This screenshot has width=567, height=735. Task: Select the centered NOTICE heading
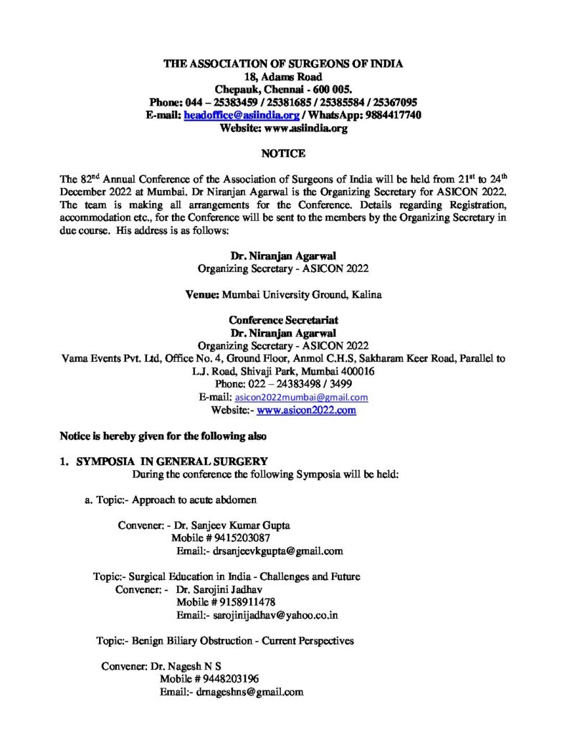pos(283,154)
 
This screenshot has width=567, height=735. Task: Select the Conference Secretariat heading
pos(283,320)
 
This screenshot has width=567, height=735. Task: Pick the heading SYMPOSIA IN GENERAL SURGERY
pos(173,462)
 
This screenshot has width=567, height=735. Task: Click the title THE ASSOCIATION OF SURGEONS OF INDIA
pos(283,64)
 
